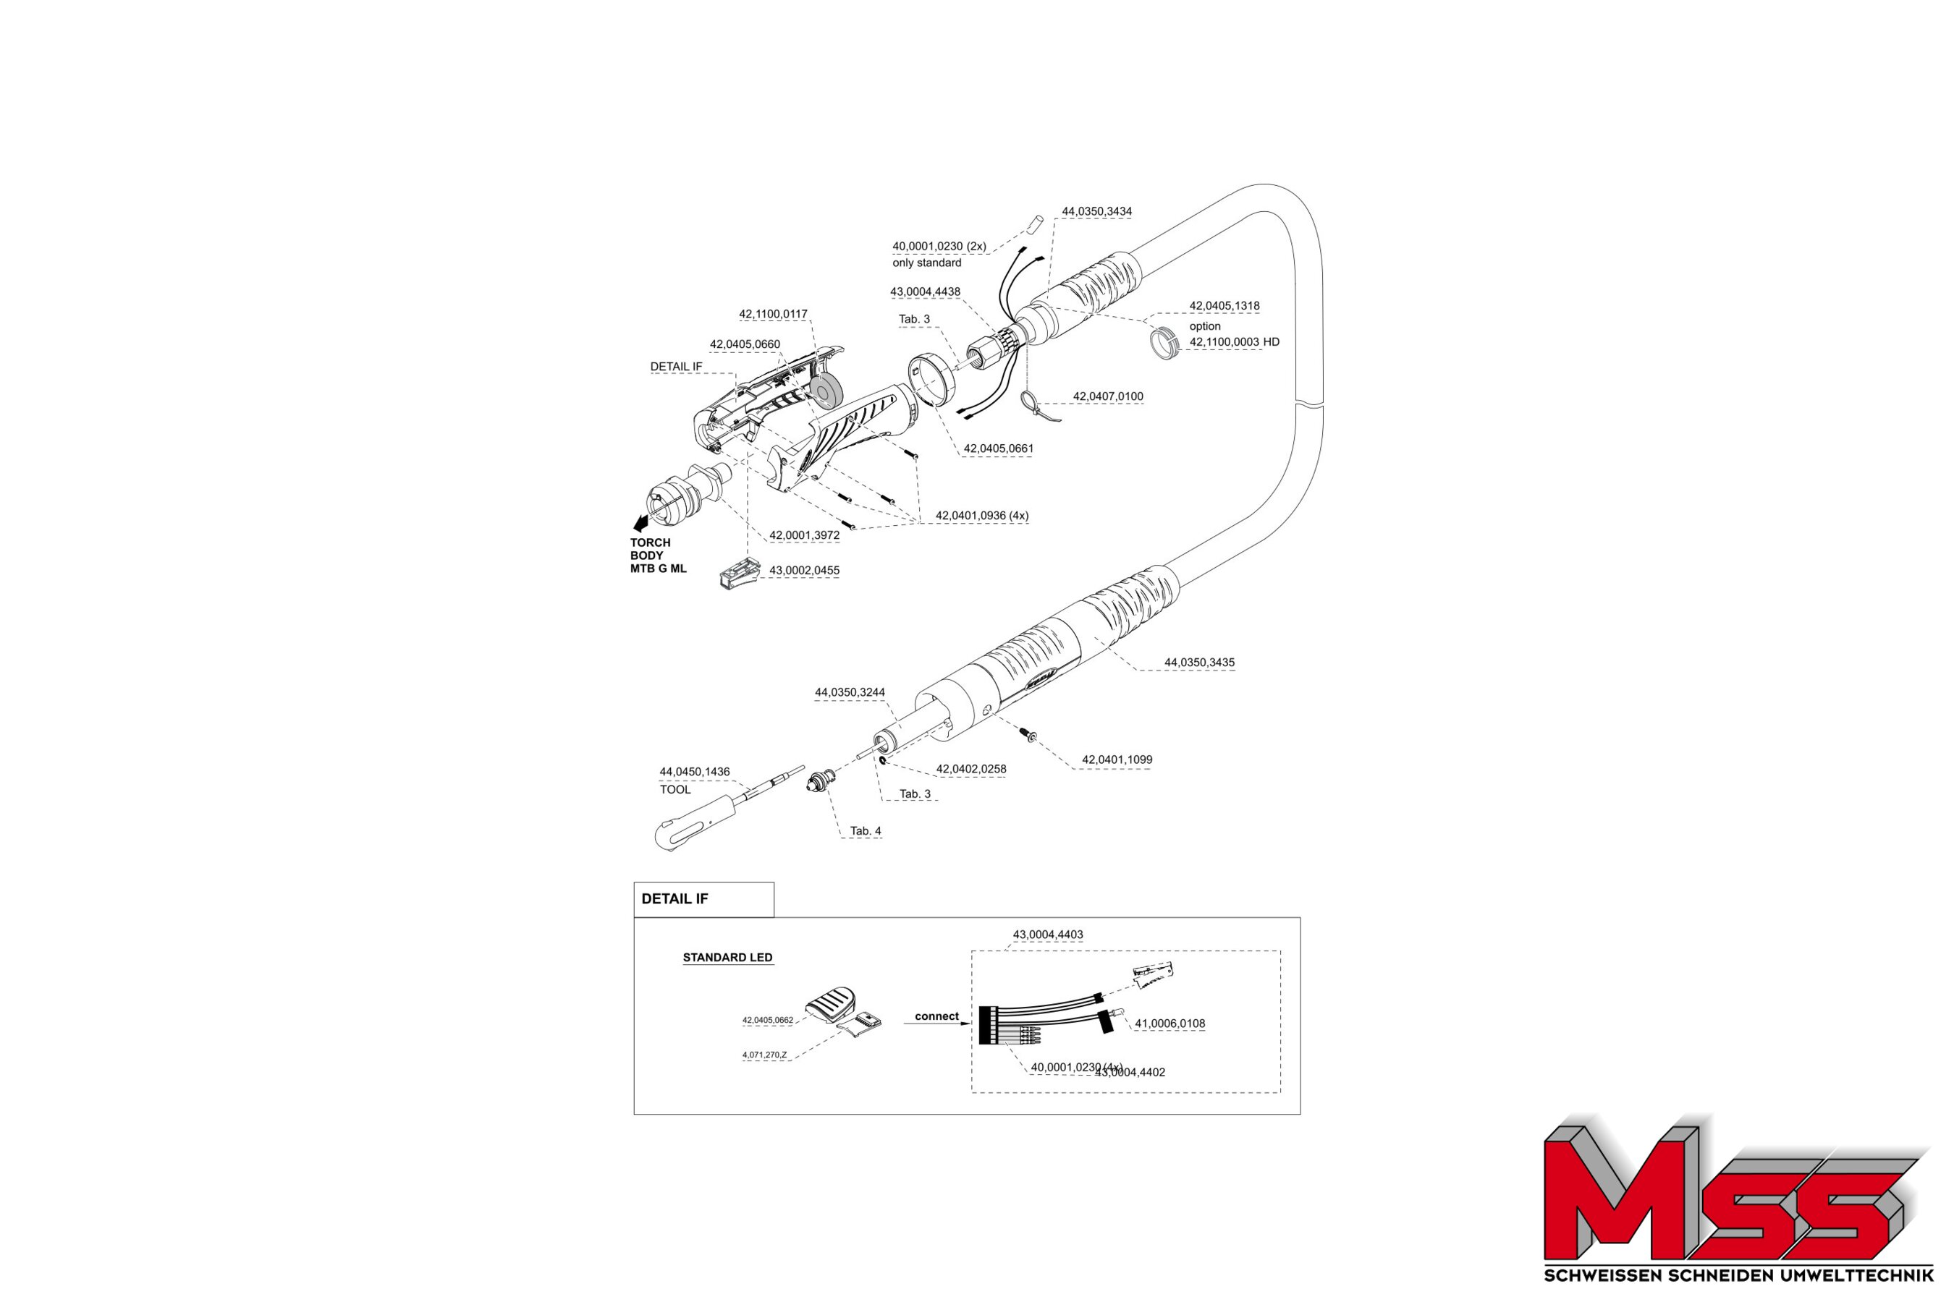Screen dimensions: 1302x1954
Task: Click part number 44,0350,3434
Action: pyautogui.click(x=1096, y=212)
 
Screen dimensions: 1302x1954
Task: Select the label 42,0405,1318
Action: pyautogui.click(x=1224, y=307)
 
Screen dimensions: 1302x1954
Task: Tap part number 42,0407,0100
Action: pyautogui.click(x=1107, y=397)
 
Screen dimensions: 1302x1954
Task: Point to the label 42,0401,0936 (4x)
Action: pyautogui.click(x=982, y=516)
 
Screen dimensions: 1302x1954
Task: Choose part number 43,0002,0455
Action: pyautogui.click(x=803, y=571)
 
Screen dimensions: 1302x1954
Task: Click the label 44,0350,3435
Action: pyautogui.click(x=1199, y=663)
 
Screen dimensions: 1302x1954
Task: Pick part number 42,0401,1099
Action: pyautogui.click(x=1117, y=759)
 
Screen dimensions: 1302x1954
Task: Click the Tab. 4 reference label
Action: pyautogui.click(x=865, y=831)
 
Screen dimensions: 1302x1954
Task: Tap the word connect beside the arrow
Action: pyautogui.click(x=936, y=1016)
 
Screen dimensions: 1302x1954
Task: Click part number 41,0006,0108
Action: pyautogui.click(x=1170, y=1024)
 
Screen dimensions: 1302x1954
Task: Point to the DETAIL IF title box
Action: pyautogui.click(x=703, y=899)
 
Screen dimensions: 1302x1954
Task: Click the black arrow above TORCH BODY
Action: pyautogui.click(x=640, y=523)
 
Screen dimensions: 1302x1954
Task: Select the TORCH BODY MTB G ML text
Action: pyautogui.click(x=657, y=556)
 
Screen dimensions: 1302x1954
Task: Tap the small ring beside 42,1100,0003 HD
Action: pyautogui.click(x=1164, y=343)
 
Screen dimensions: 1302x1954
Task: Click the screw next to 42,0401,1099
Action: pyautogui.click(x=1030, y=735)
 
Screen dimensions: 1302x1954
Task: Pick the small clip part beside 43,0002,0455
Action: pyautogui.click(x=739, y=574)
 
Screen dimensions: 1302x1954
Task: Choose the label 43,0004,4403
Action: pyautogui.click(x=1048, y=935)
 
